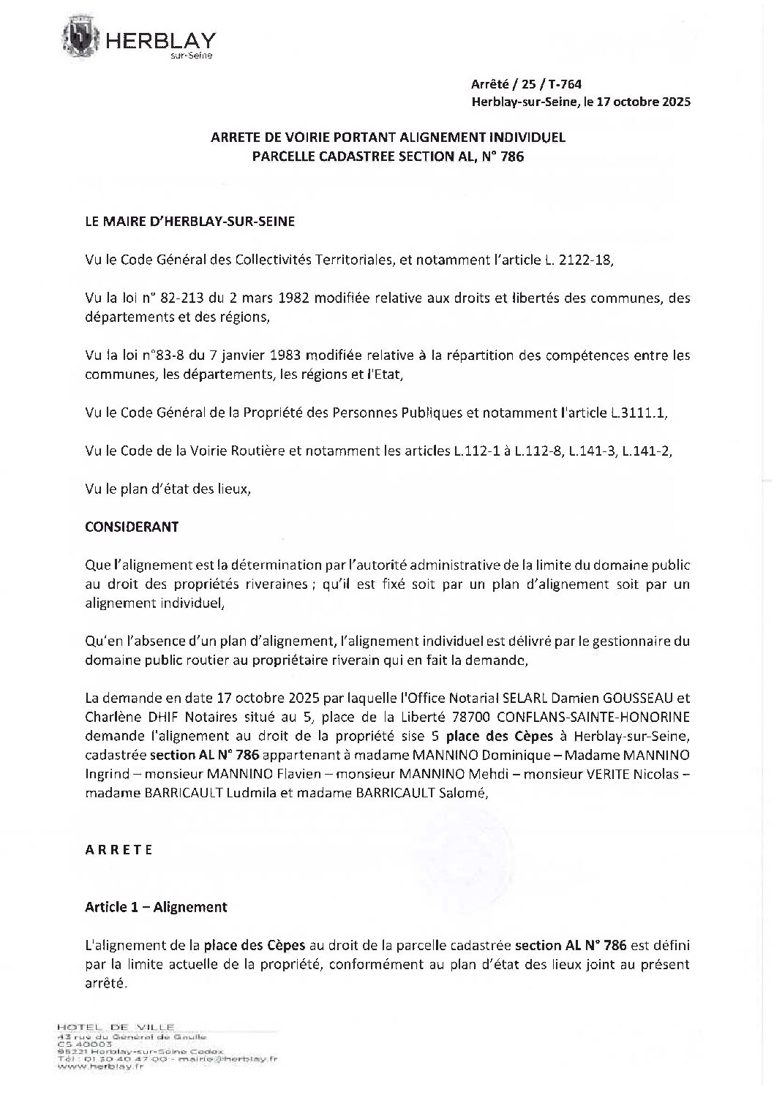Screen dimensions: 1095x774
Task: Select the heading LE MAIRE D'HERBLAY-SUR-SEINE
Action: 190,222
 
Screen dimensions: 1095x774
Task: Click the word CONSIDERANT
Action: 132,527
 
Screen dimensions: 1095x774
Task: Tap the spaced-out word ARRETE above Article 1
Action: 119,850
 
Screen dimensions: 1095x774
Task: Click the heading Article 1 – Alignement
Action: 156,907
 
